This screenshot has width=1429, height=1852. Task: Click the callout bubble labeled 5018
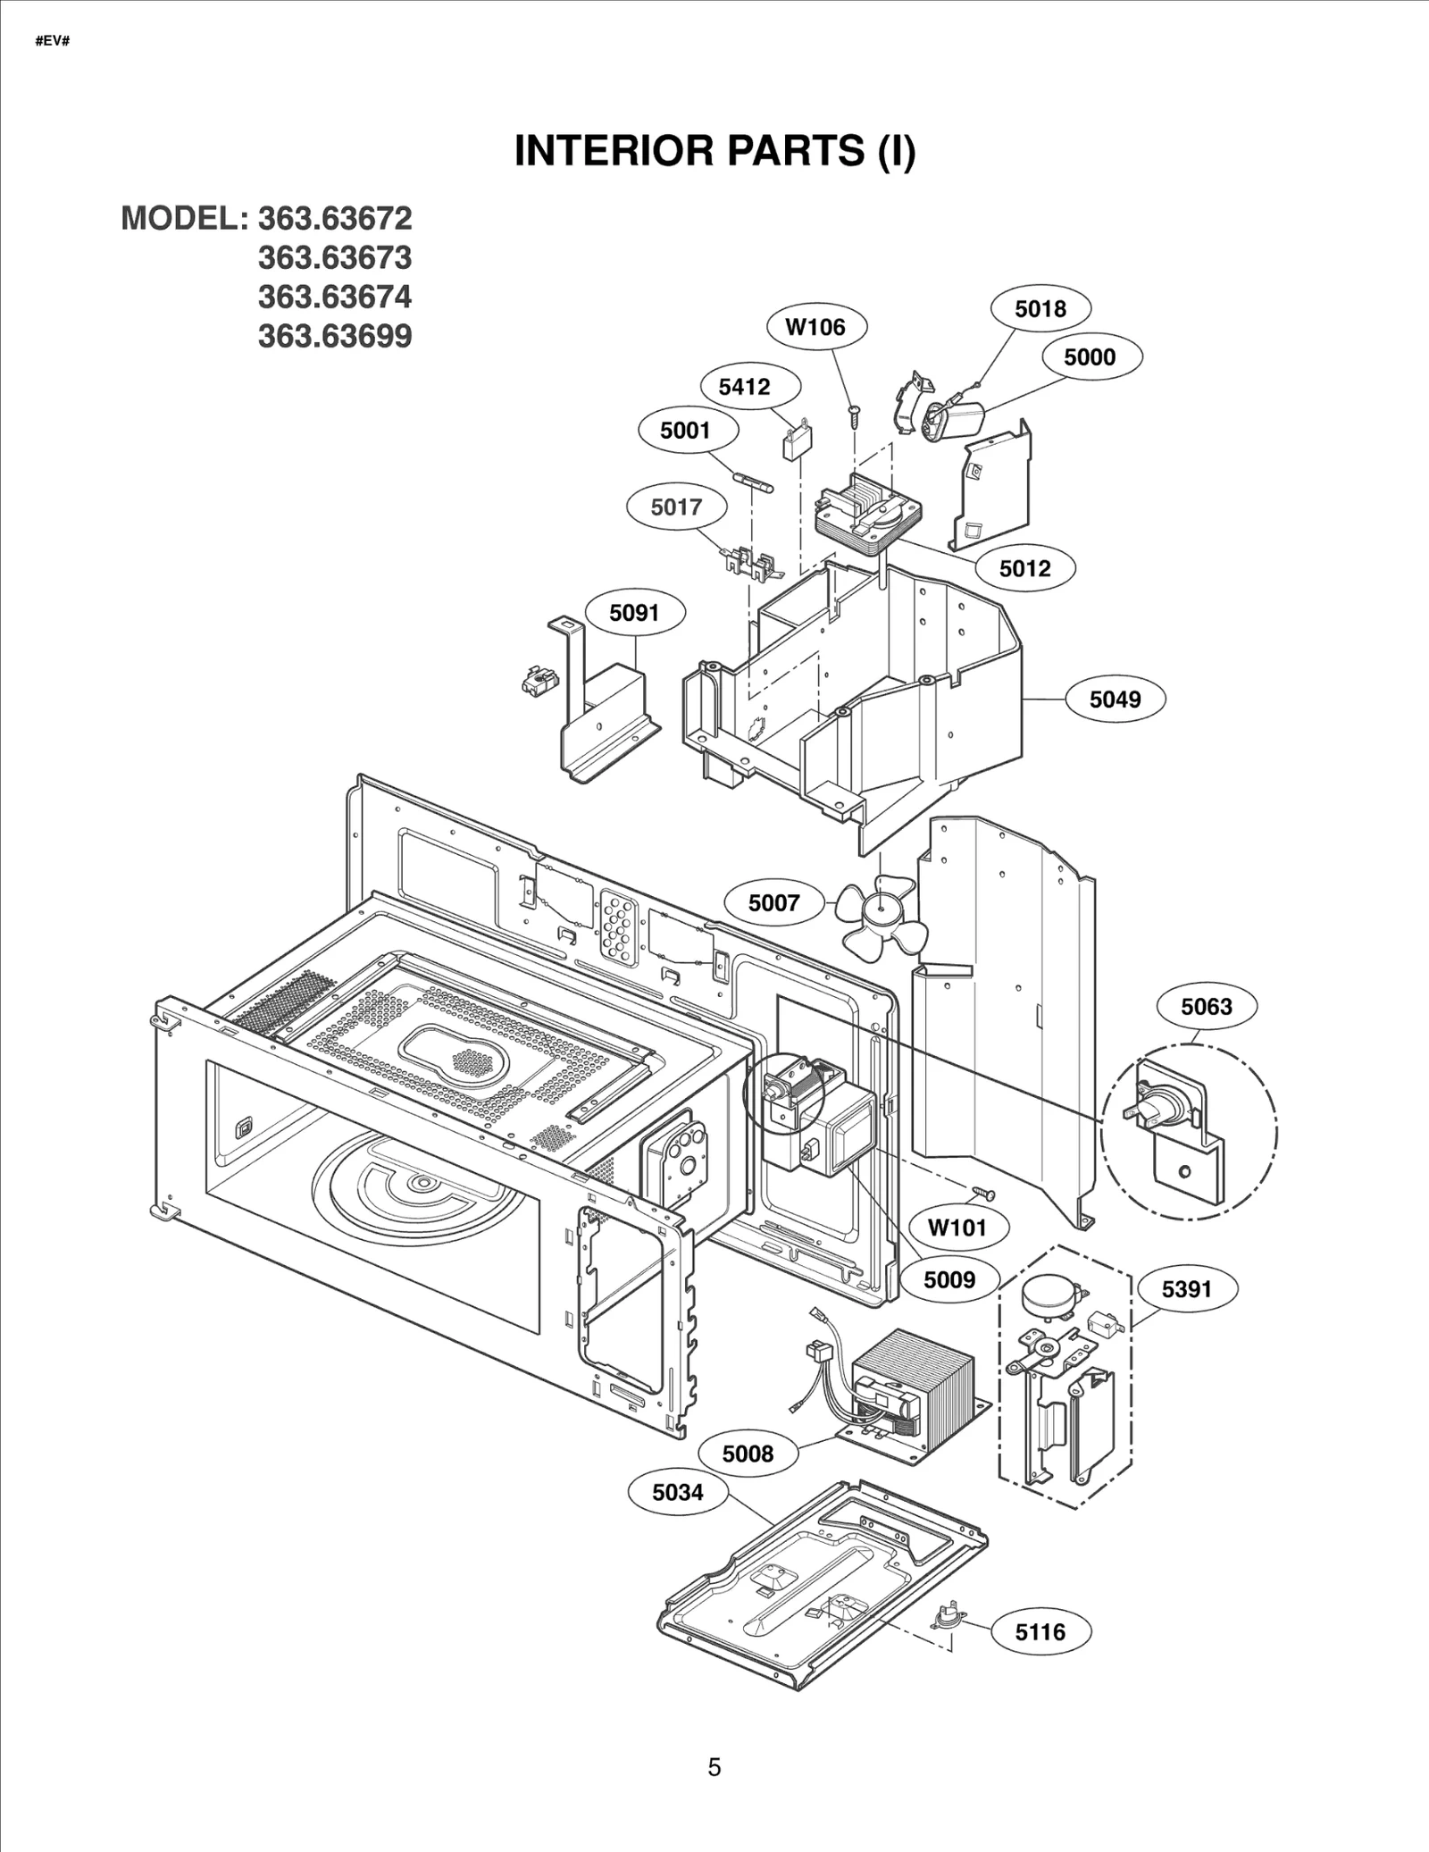click(1040, 309)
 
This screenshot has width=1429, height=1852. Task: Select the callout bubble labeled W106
click(815, 327)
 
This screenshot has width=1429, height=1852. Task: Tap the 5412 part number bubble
click(744, 387)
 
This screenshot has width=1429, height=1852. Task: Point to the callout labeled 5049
click(1115, 700)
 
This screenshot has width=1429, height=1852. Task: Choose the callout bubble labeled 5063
click(1206, 1007)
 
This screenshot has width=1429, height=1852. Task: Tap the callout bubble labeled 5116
click(1040, 1632)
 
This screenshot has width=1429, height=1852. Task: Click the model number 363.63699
click(335, 337)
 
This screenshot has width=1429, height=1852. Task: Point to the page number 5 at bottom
click(714, 1767)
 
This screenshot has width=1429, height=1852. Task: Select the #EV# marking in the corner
click(53, 42)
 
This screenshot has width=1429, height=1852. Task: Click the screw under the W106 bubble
click(856, 415)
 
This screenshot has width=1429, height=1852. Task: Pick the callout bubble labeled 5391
click(1186, 1289)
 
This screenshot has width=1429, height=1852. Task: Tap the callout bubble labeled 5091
click(634, 613)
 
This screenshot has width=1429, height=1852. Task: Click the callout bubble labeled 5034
click(677, 1492)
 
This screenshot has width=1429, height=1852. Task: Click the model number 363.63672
click(335, 219)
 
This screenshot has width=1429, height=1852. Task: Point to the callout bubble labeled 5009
click(948, 1280)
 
